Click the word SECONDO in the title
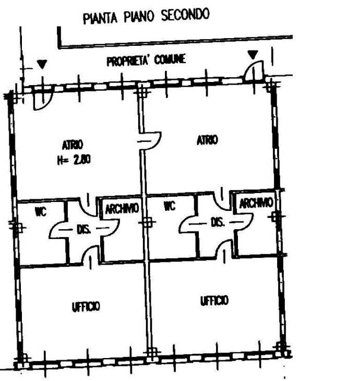pos(185,15)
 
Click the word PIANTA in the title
pos(100,18)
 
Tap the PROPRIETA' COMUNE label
pos(146,60)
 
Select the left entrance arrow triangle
pos(42,64)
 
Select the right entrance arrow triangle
pos(253,55)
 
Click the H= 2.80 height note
pos(74,160)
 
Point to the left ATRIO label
pos(73,145)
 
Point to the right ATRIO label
pos(207,140)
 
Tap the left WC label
pos(41,212)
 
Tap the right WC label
pos(170,206)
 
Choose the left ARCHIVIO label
pos(122,209)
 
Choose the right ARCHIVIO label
pos(256,203)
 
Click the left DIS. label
pos(84,229)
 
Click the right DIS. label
pos(218,222)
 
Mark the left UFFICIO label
pos(86,307)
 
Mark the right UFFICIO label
pos(214,301)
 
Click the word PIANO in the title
pos(139,17)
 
